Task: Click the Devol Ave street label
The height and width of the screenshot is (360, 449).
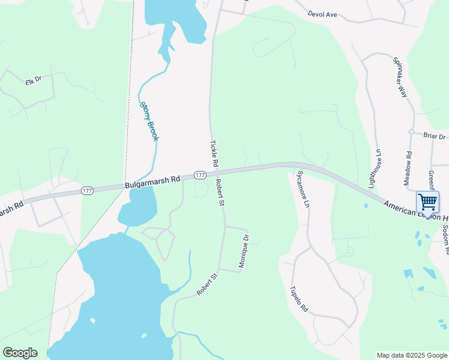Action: click(x=322, y=13)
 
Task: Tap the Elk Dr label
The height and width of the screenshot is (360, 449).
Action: click(x=32, y=80)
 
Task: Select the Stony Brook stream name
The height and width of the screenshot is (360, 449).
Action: click(x=149, y=121)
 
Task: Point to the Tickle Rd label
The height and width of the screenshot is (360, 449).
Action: click(x=214, y=154)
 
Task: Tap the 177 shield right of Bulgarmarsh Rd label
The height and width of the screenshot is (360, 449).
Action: click(x=200, y=175)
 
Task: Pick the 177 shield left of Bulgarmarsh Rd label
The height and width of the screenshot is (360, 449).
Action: click(x=88, y=191)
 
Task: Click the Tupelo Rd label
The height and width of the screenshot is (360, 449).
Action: click(x=299, y=298)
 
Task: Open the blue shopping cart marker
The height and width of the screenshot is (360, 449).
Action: click(x=427, y=202)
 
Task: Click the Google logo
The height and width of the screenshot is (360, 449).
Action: click(x=20, y=353)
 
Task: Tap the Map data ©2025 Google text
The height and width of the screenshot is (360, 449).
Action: click(x=411, y=355)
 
